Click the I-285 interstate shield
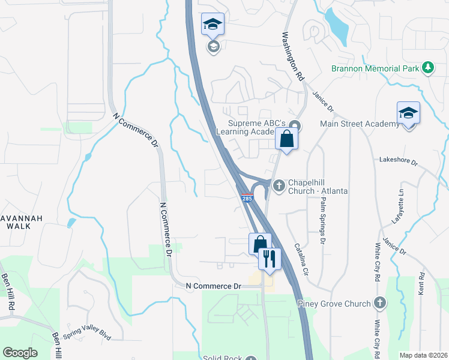tap(247, 198)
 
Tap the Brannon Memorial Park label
tap(376, 68)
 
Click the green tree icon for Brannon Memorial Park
tap(428, 68)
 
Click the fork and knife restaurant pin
tap(270, 259)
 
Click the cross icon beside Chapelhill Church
tap(279, 186)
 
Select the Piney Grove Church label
tap(334, 304)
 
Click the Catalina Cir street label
tap(301, 259)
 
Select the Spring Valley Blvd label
tap(87, 334)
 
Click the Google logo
tap(20, 352)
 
